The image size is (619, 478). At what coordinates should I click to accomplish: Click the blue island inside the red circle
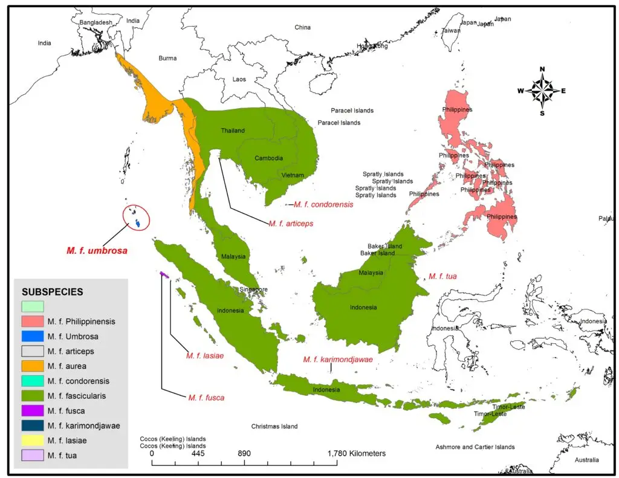pos(138,224)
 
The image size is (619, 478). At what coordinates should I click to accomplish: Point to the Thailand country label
pos(233,131)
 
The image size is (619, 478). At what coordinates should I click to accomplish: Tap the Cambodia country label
pos(268,158)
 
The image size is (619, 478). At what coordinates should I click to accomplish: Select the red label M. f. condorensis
pos(323,204)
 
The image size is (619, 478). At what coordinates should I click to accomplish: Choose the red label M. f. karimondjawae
pos(338,360)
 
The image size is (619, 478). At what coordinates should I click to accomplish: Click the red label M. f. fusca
pos(206,398)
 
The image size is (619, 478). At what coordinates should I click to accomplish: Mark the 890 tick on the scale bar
pos(244,453)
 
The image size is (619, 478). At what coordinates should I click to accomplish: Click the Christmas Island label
pos(274,426)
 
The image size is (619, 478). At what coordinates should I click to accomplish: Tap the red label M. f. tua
pos(442,276)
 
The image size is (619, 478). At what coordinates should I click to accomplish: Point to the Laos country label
pos(239,79)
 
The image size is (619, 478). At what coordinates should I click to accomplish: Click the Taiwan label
pos(450,30)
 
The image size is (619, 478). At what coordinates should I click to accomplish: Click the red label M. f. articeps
pos(291,223)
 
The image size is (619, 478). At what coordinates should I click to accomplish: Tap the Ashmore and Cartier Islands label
pos(475,447)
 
